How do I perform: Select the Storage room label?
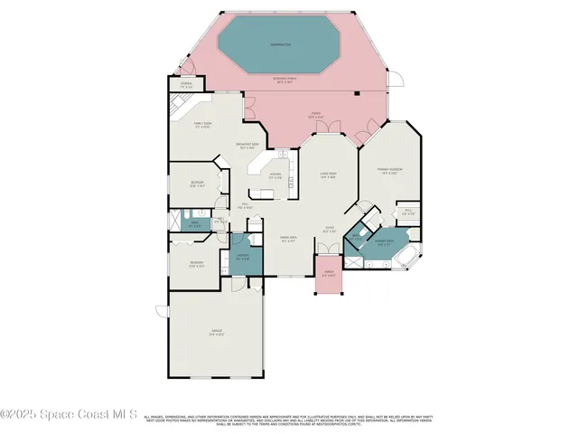(186, 85)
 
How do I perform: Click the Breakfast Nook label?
(247, 146)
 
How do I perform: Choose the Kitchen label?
(276, 175)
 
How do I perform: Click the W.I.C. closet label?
(408, 212)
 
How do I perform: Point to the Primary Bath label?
(383, 241)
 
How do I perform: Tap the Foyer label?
(331, 230)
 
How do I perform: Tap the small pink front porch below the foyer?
(328, 276)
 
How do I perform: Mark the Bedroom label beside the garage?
(197, 265)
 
